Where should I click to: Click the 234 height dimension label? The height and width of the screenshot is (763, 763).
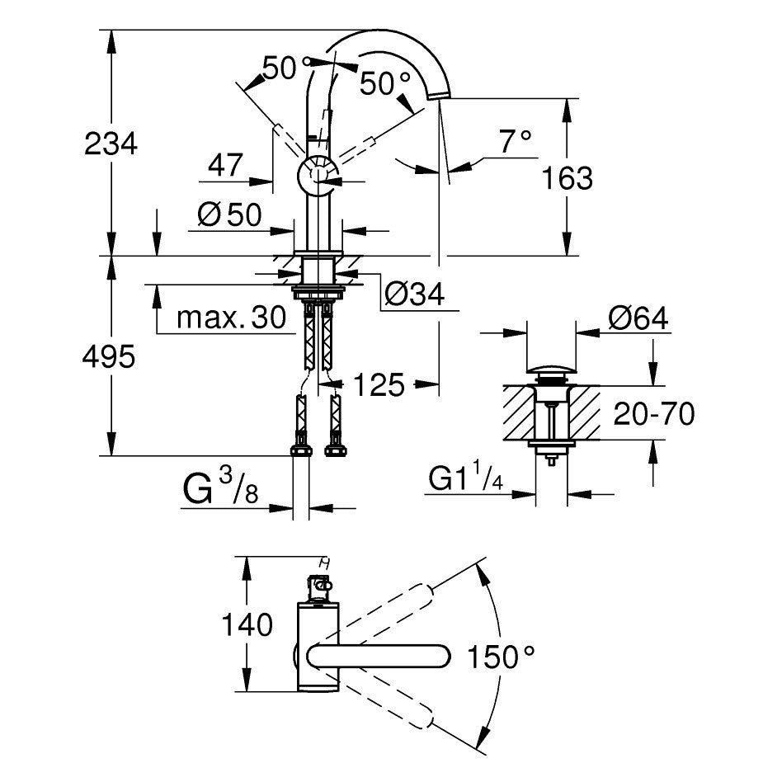click(x=111, y=144)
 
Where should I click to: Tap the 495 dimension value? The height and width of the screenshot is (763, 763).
click(x=109, y=357)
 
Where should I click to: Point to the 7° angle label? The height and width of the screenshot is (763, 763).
click(x=516, y=141)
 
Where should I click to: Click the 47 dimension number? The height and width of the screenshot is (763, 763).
click(x=225, y=165)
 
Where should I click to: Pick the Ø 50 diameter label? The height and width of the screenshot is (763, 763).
click(x=229, y=214)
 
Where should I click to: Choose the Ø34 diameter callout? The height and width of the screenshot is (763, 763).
click(x=415, y=294)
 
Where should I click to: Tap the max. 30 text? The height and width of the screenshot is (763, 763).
click(x=231, y=318)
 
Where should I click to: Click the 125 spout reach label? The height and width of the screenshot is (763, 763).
click(x=379, y=384)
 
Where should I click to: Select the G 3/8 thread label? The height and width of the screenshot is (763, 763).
click(x=220, y=487)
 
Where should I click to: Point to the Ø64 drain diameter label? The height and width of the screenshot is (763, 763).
click(x=638, y=318)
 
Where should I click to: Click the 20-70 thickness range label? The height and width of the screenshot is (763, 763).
click(x=654, y=414)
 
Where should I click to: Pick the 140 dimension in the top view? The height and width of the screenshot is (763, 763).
click(x=247, y=624)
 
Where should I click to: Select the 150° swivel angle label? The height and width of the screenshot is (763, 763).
click(x=501, y=657)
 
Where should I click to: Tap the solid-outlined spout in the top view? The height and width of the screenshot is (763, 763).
click(x=378, y=657)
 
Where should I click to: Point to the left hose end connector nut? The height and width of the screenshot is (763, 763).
click(x=301, y=450)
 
